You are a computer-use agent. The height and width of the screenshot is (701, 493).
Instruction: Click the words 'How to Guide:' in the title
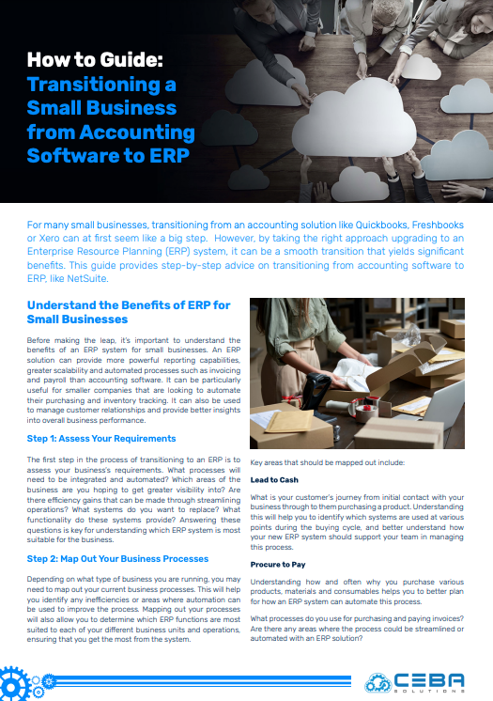(95, 60)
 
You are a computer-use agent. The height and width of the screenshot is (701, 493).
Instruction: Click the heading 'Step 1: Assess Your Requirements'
(101, 438)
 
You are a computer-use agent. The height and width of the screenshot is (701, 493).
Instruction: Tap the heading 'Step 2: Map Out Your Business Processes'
(117, 558)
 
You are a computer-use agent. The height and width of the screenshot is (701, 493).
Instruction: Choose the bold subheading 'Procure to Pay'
(278, 565)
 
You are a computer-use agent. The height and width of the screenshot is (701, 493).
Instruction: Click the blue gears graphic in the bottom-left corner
(23, 682)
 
